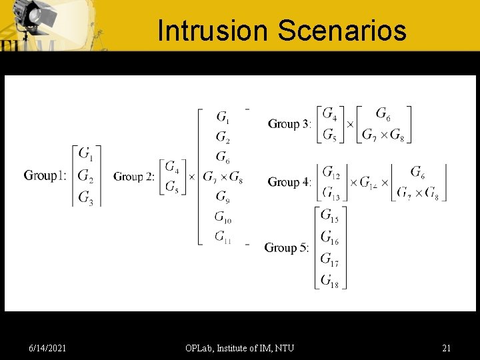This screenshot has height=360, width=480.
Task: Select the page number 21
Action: point(446,348)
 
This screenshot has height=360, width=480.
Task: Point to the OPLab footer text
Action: point(239,348)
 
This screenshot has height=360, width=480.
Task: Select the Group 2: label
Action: point(134,177)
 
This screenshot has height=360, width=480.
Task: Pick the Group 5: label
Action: point(287,248)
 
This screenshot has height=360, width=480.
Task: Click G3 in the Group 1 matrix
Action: point(86,197)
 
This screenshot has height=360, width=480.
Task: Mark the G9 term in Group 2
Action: point(223,197)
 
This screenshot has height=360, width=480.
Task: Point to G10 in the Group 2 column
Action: point(223,217)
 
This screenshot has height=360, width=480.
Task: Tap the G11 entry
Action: point(223,236)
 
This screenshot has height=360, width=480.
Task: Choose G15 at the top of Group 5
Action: point(329,215)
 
